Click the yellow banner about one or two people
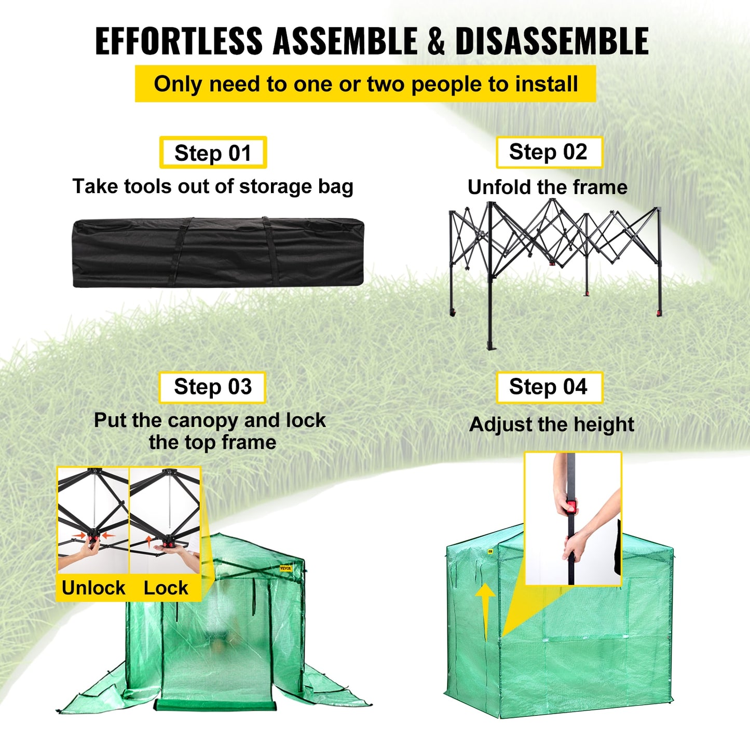(x=365, y=84)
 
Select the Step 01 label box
(x=213, y=153)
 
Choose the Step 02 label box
(x=549, y=152)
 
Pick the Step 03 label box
(x=212, y=387)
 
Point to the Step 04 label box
(x=549, y=387)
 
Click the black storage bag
(x=218, y=253)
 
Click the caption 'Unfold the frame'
(x=548, y=187)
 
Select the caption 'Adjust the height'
(x=551, y=425)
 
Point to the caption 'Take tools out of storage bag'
(x=213, y=186)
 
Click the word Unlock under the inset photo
(x=93, y=588)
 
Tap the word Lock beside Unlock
(x=166, y=588)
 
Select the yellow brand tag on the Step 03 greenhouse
(x=286, y=568)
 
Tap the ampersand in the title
(x=436, y=42)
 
